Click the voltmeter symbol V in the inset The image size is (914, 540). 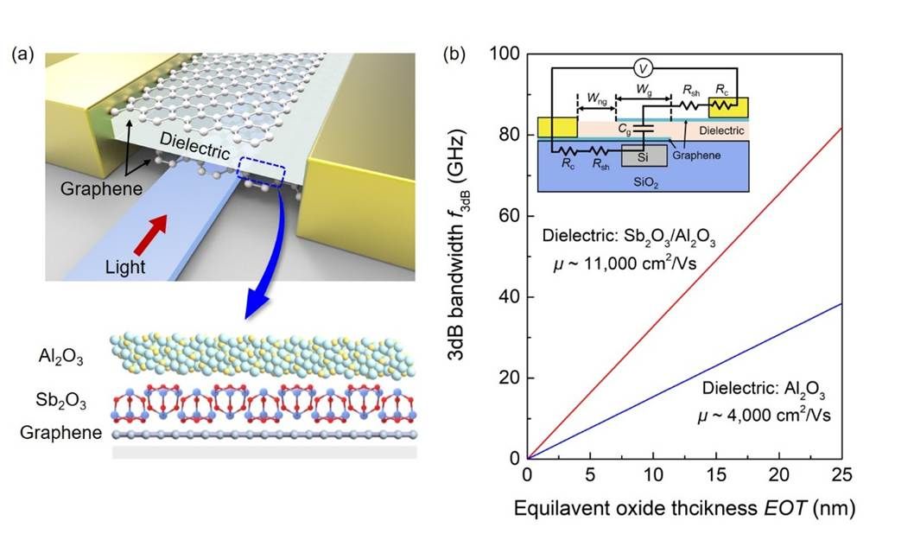tap(642, 67)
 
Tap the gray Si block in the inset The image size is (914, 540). tap(641, 156)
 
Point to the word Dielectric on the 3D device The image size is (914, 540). tap(193, 149)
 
